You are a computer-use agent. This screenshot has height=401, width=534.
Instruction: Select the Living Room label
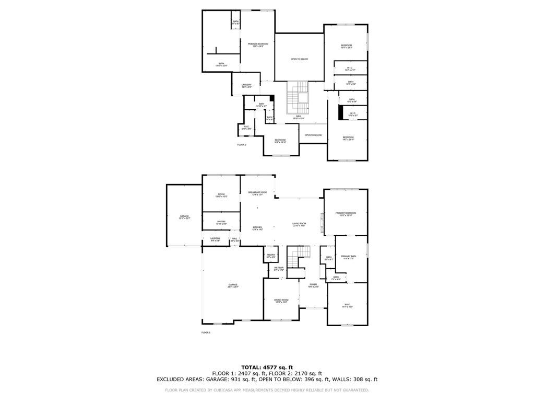(x=299, y=224)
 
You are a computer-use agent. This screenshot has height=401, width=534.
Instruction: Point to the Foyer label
(x=313, y=285)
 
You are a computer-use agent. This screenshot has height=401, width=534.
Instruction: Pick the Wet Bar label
(x=279, y=269)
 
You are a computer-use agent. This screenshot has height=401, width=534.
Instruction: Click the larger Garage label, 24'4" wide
(x=232, y=285)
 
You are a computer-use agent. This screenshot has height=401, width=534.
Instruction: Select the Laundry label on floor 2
(x=247, y=86)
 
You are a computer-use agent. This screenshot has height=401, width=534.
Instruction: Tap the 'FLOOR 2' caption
(x=242, y=145)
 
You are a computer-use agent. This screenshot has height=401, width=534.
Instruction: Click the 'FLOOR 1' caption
(x=206, y=333)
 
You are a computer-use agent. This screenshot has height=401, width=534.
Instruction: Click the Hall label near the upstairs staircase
(x=299, y=118)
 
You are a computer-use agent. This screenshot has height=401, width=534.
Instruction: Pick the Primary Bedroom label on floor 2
(x=258, y=45)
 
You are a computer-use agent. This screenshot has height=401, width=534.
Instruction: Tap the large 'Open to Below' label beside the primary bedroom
(x=299, y=59)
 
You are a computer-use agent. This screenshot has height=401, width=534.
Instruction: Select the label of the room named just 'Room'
(x=221, y=195)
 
